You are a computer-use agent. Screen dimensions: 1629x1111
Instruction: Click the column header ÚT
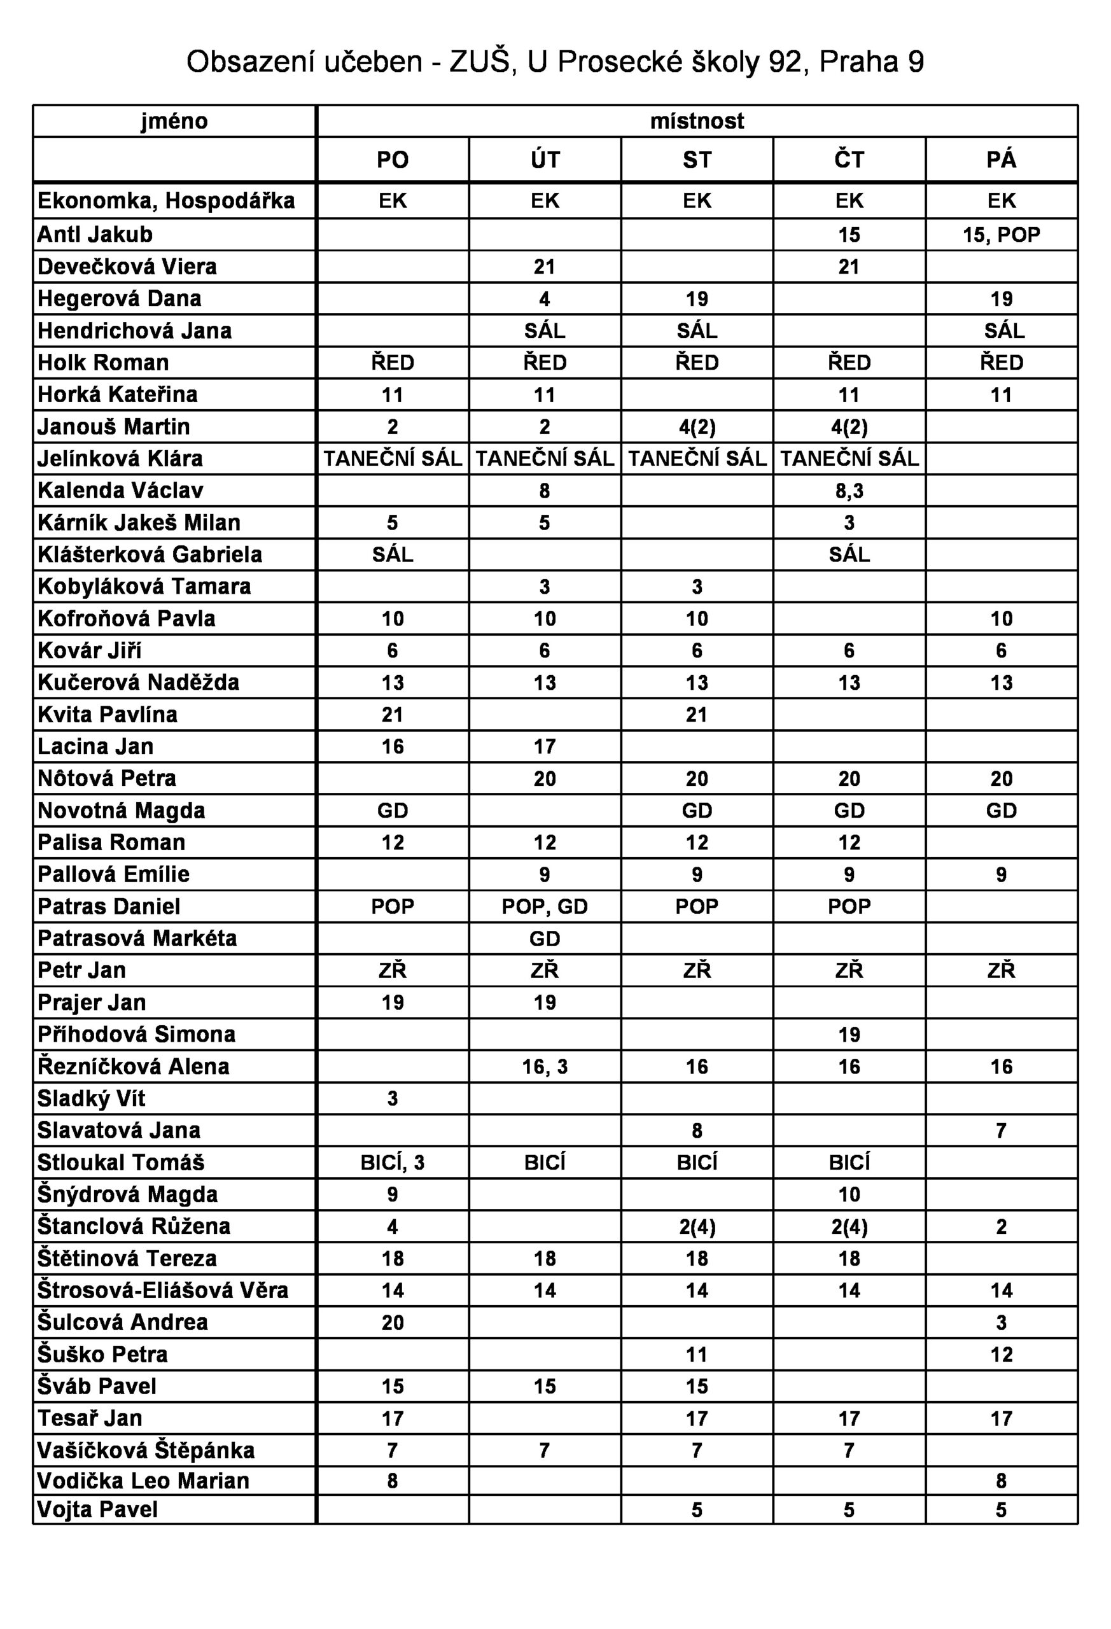545,160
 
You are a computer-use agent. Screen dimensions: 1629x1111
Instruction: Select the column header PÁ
1001,160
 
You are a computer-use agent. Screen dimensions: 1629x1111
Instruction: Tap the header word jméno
174,122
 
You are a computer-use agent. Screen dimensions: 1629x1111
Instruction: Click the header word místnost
697,122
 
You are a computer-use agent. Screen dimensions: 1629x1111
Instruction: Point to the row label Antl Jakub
95,234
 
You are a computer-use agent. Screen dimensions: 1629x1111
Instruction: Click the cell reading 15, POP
1001,235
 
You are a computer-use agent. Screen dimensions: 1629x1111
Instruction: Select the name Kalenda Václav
120,490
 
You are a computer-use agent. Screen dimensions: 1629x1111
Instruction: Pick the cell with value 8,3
849,491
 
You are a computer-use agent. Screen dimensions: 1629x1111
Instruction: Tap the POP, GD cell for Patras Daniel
545,906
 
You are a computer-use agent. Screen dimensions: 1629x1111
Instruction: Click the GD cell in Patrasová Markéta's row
545,939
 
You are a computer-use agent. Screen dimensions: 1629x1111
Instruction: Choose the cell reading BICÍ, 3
393,1163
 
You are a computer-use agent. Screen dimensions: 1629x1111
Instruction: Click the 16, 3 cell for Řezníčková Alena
545,1067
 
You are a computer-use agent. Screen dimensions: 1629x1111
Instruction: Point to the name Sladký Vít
91,1098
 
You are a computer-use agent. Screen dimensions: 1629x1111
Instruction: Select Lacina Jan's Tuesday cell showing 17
545,746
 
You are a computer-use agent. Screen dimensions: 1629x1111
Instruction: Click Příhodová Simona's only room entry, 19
849,1035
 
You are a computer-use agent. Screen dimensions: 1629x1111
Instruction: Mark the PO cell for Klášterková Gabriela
393,554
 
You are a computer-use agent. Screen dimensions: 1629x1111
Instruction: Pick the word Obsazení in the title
251,62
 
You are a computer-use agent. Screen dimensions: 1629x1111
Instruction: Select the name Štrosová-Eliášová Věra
163,1290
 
